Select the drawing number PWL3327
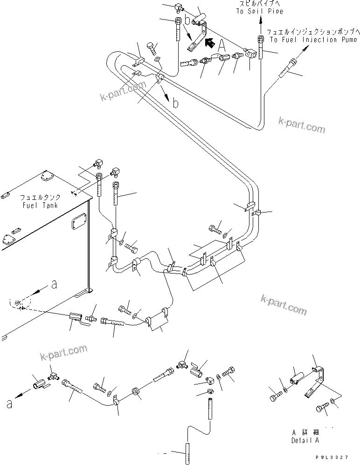[334, 459]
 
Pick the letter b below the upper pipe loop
[175, 103]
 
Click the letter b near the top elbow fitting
[187, 20]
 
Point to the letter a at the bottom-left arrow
[9, 403]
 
